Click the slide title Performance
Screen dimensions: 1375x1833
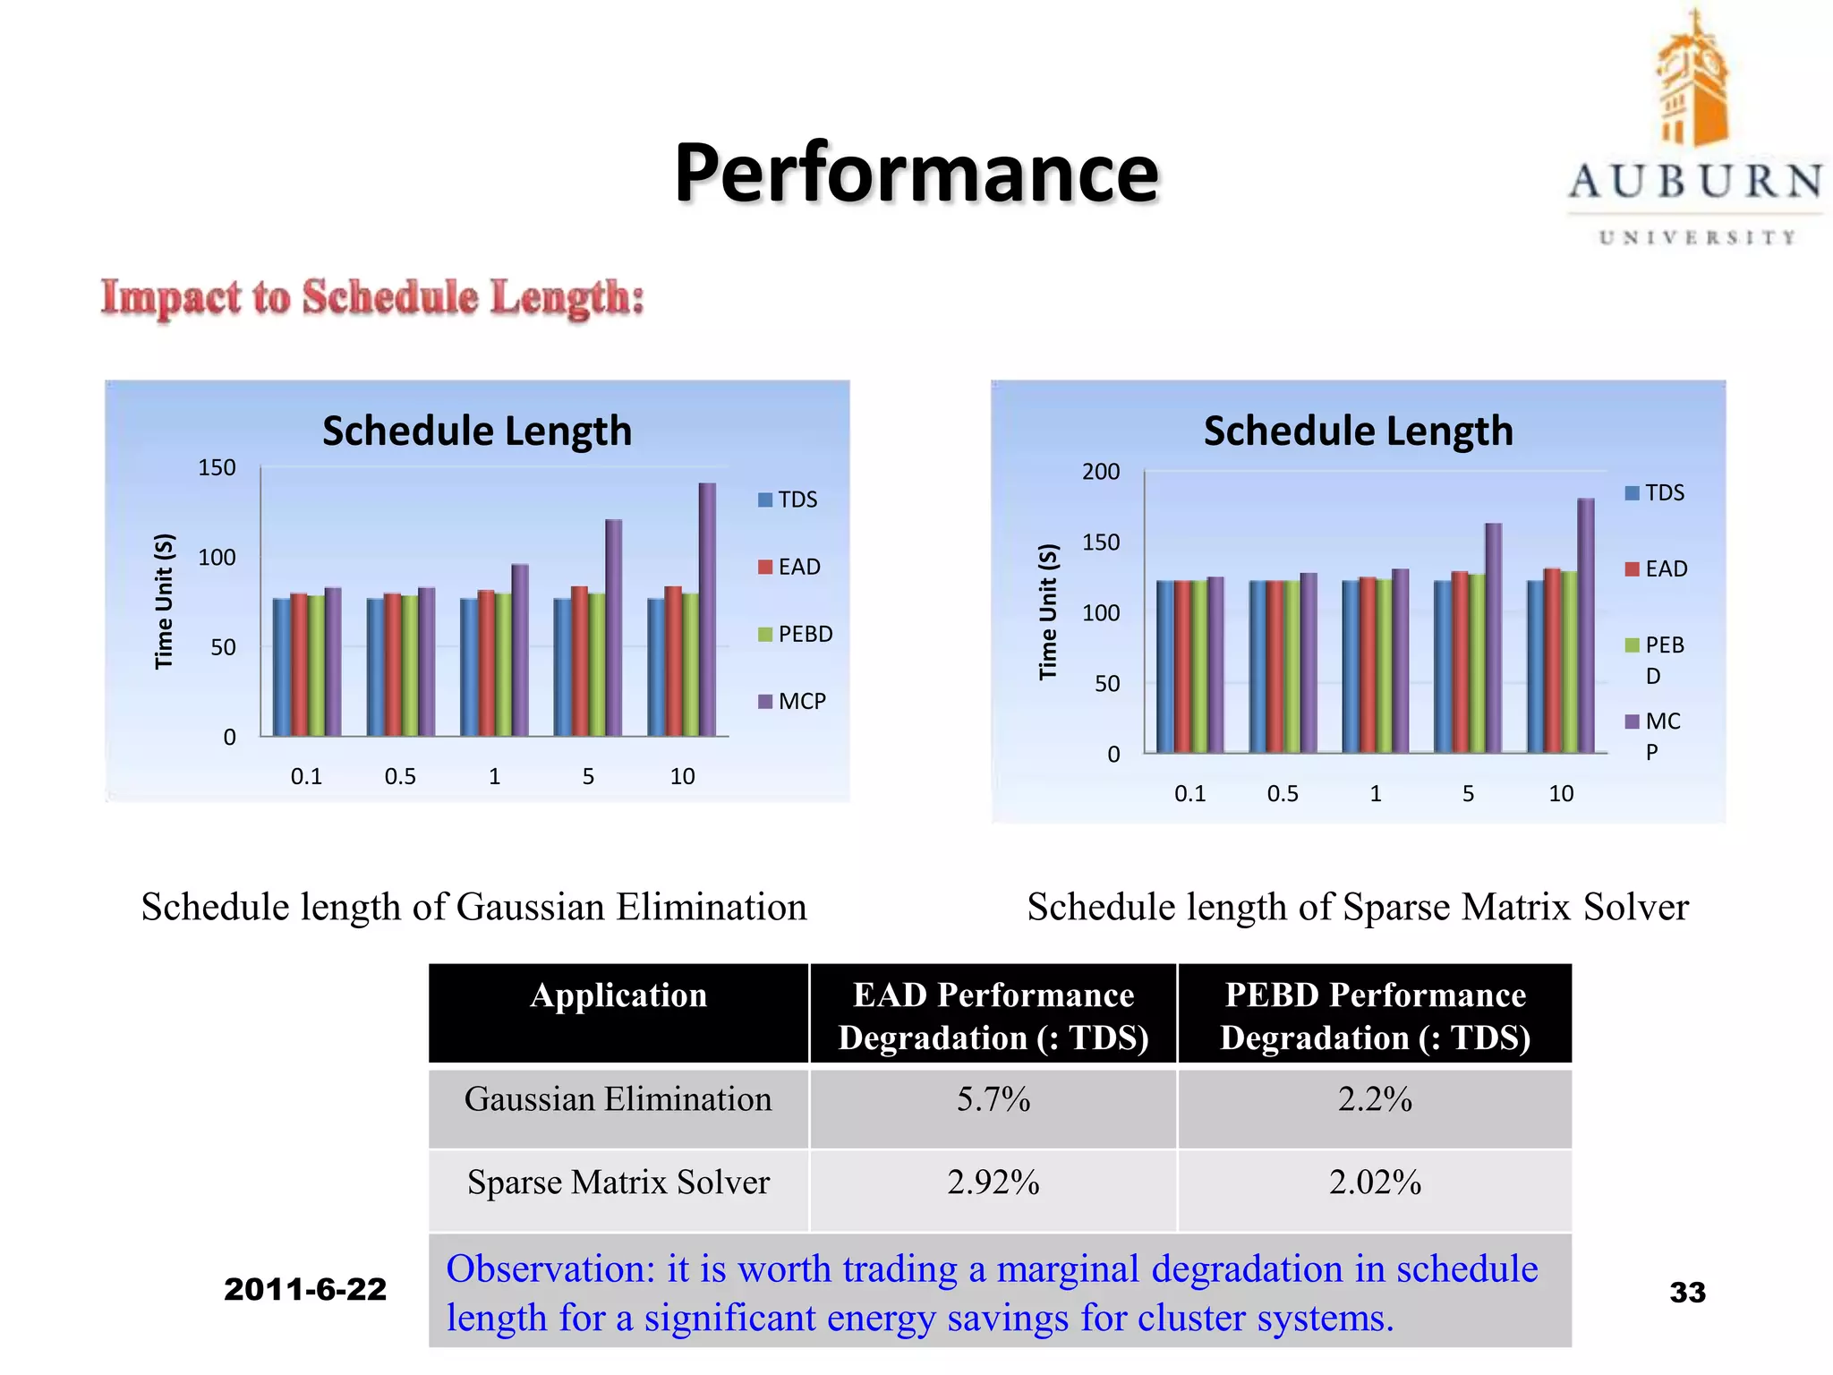916,173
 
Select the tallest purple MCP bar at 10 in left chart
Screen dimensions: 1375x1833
707,609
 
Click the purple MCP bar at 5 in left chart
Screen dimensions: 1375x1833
613,627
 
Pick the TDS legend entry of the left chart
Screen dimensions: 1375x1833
789,500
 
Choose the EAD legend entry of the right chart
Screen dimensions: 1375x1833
1657,568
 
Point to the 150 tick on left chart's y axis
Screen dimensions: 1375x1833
217,467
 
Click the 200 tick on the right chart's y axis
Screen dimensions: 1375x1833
1100,472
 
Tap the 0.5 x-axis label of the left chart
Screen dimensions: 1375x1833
400,776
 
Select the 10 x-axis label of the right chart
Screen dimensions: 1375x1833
1561,793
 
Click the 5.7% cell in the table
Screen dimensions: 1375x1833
993,1099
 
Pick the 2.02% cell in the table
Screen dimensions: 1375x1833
1375,1183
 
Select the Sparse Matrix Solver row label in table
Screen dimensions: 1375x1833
618,1183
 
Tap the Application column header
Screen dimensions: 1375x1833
618,995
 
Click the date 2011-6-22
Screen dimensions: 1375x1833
305,1289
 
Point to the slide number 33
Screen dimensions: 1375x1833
1687,1292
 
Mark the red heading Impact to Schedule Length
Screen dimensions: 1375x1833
372,297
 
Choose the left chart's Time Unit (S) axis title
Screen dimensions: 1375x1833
163,602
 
